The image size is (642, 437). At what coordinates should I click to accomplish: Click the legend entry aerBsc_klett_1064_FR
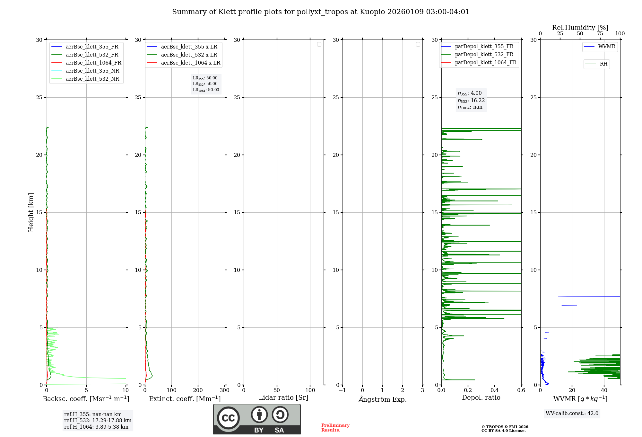93,63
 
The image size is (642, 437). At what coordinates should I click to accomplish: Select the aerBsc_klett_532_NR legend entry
92,79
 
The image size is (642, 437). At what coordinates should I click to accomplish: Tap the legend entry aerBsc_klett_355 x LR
189,47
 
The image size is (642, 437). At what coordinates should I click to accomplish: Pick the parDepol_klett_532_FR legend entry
484,55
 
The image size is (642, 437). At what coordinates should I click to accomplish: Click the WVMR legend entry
607,47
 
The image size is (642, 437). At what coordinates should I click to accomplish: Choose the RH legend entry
603,64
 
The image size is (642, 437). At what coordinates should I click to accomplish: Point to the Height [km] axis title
31,212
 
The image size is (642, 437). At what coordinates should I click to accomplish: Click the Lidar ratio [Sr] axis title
283,398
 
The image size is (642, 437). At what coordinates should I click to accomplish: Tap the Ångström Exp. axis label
382,399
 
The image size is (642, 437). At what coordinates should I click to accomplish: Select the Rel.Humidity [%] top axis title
580,28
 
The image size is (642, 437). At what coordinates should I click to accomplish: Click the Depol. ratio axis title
481,398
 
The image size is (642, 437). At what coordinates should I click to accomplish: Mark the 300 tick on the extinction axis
224,390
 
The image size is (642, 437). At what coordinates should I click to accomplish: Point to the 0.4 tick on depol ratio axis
495,390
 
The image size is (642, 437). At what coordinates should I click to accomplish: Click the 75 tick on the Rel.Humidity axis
600,34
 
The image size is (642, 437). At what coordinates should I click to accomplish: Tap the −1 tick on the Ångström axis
343,390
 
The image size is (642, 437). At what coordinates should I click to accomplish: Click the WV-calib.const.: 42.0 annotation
572,414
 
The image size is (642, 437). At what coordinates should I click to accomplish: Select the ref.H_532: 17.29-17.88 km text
98,421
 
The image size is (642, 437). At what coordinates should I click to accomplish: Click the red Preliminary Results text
335,428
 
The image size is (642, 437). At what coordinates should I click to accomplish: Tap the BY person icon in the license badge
259,415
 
